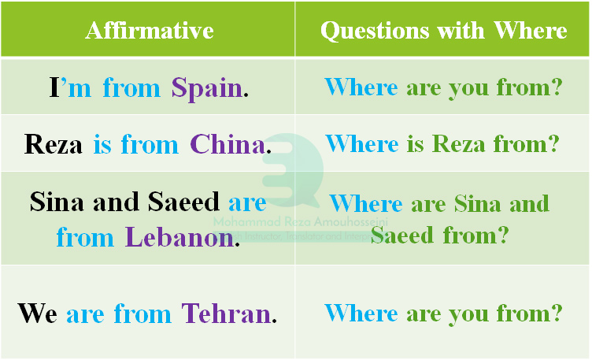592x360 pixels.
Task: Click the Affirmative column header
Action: click(149, 30)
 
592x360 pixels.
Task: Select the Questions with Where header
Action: click(443, 30)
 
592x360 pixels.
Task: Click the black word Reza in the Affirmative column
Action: click(54, 144)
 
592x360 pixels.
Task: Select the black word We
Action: click(37, 314)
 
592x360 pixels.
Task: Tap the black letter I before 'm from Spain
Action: click(54, 87)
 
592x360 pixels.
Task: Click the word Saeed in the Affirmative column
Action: click(183, 202)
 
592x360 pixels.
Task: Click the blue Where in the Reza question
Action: click(361, 144)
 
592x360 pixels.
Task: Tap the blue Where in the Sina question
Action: click(366, 203)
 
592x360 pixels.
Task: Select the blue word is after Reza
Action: click(102, 144)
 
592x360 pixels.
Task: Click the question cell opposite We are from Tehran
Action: click(443, 314)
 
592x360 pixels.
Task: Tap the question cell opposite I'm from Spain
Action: click(443, 87)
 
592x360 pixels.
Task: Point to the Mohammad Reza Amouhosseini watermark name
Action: click(291, 223)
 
